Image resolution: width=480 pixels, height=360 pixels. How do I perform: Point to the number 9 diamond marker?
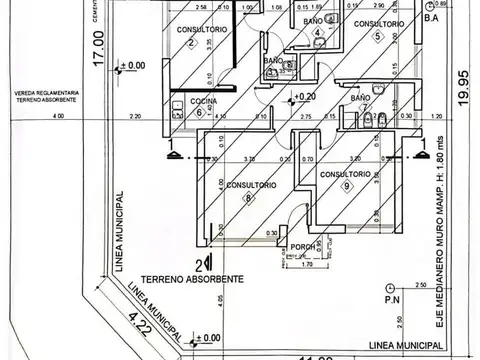point(346,186)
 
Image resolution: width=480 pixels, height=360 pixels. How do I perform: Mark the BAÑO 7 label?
point(361,102)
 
